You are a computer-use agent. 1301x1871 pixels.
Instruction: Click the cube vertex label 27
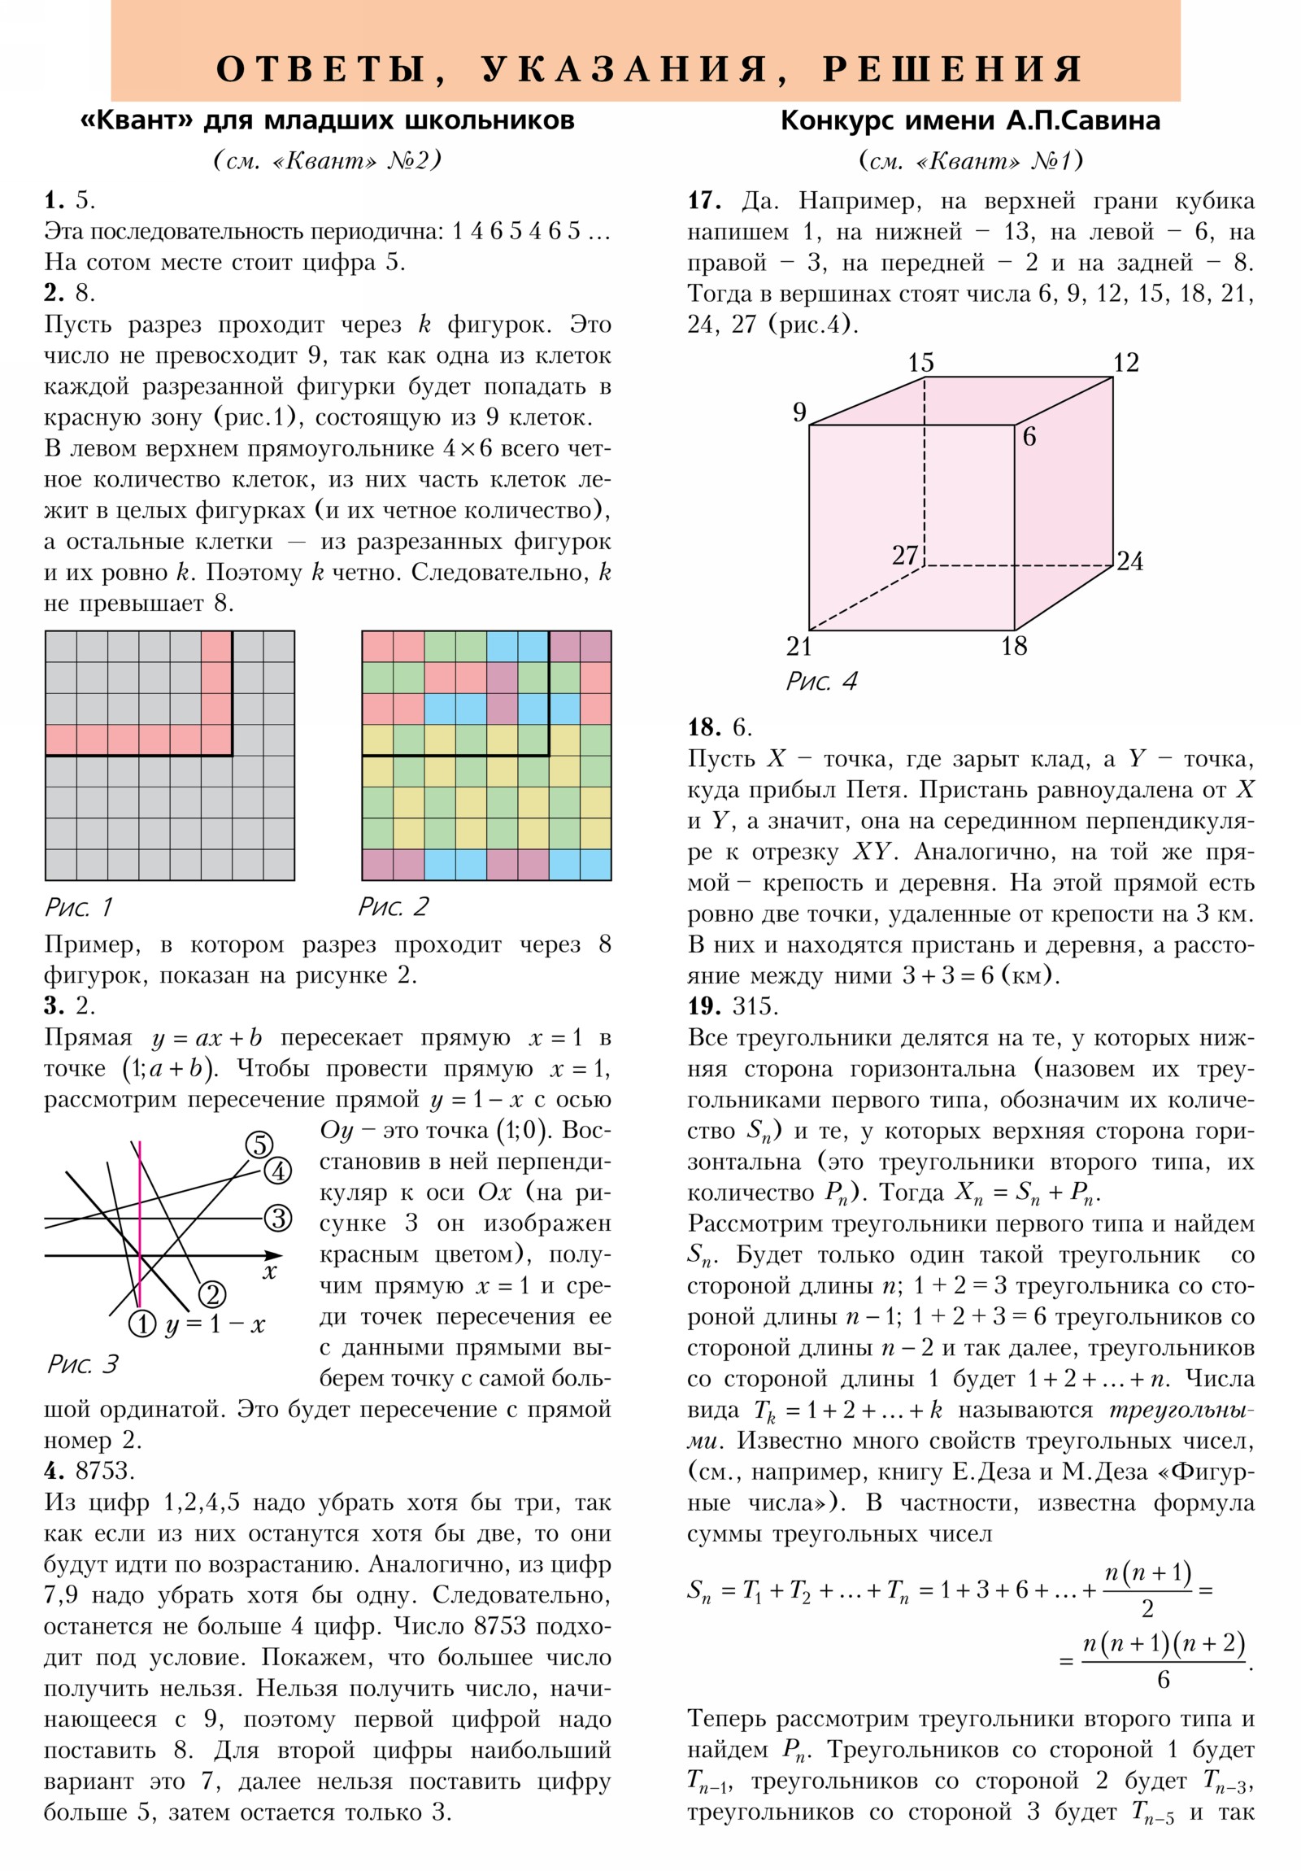pos(904,556)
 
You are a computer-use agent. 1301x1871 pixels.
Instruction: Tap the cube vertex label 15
pos(920,363)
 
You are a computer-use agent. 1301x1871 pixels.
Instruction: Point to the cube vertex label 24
pos(1129,561)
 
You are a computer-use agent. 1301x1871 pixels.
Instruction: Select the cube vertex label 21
pos(798,647)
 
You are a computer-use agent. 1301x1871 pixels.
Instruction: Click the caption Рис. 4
pos(821,681)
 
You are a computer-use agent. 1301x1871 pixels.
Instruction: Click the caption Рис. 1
pos(79,907)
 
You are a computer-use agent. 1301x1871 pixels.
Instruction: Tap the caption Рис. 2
pos(394,907)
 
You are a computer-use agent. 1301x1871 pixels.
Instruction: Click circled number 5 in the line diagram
pos(259,1145)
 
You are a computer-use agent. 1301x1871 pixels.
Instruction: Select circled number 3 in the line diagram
pos(278,1219)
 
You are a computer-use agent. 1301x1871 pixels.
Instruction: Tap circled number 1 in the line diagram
pos(142,1324)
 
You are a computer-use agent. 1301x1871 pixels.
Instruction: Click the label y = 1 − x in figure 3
pos(215,1325)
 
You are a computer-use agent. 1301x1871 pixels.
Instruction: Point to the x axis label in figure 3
pos(270,1272)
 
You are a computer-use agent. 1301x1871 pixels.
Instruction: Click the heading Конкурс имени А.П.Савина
pos(969,120)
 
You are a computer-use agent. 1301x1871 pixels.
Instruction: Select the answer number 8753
pos(103,1471)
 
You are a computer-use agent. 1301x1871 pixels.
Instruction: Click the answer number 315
pos(755,1006)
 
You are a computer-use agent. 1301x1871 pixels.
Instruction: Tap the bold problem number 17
pos(704,200)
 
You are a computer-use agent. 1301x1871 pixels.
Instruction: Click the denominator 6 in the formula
pos(1164,1680)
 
